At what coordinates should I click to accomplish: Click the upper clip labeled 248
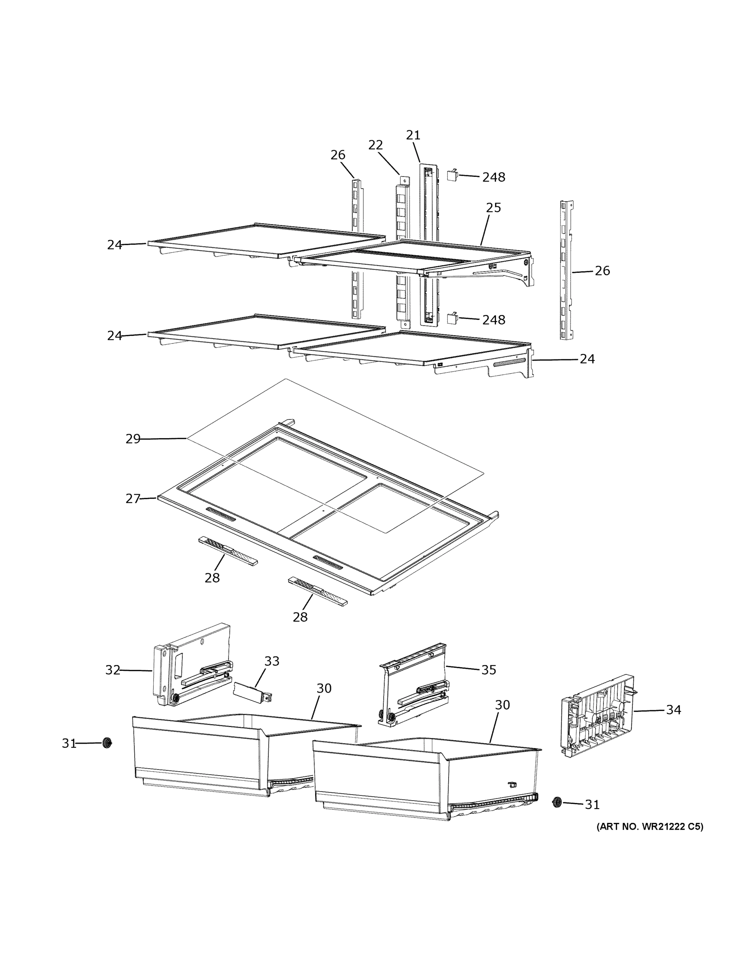point(452,176)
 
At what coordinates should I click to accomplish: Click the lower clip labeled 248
point(452,318)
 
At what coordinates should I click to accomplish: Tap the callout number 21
point(413,135)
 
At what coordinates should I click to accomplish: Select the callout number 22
point(375,145)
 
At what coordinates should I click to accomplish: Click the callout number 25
point(493,208)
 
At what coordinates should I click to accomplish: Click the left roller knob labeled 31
point(106,743)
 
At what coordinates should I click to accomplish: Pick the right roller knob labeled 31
point(557,802)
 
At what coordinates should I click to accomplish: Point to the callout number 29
point(133,439)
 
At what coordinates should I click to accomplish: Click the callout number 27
point(133,499)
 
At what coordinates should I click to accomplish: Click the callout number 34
point(673,709)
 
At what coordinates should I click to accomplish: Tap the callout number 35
point(488,670)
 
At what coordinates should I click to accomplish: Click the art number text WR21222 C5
point(650,827)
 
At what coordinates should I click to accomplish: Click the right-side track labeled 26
point(567,270)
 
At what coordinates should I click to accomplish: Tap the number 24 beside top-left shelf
point(114,245)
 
